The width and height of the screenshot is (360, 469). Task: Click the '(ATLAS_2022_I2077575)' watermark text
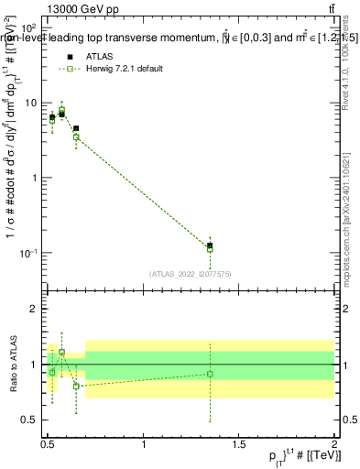(190, 273)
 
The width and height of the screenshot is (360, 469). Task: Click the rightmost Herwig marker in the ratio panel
(211, 374)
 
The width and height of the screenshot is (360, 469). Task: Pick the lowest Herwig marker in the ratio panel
(76, 386)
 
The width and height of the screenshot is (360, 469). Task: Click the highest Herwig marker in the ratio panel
(61, 352)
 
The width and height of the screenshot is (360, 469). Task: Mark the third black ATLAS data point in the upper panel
(76, 129)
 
